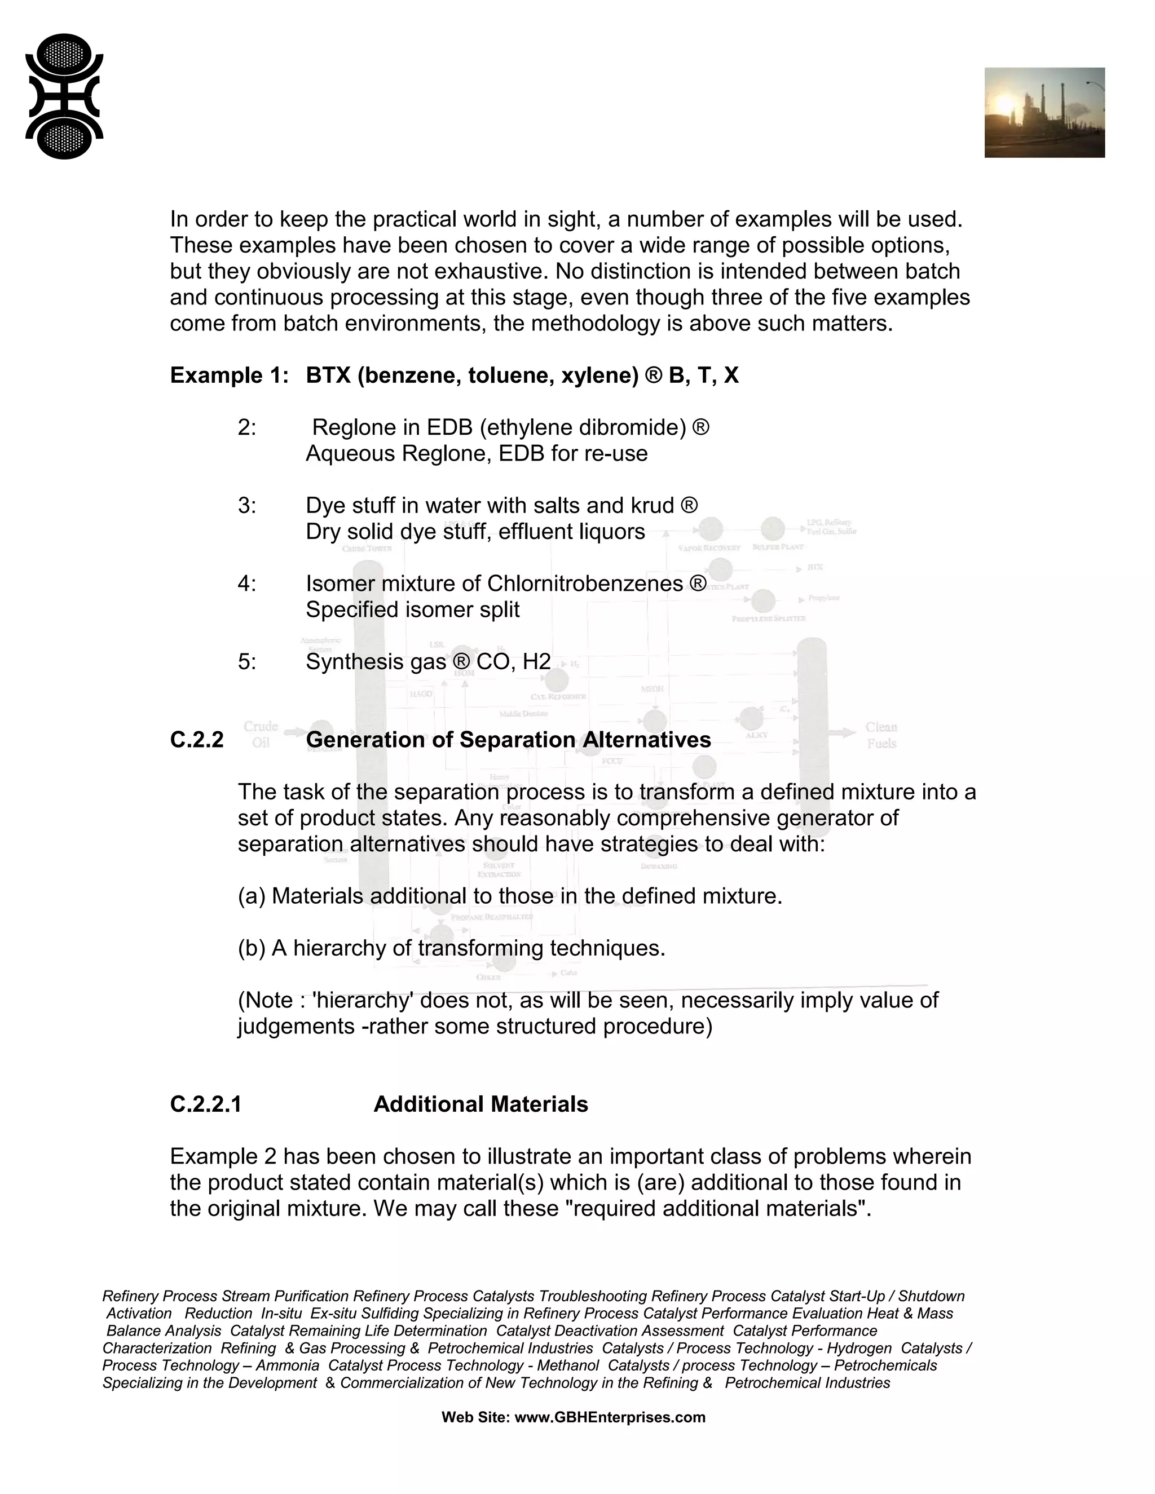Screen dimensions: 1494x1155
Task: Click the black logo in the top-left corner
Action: pyautogui.click(x=64, y=96)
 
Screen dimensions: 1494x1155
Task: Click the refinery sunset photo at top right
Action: pyautogui.click(x=1044, y=112)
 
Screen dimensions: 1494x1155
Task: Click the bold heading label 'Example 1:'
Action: pyautogui.click(x=229, y=375)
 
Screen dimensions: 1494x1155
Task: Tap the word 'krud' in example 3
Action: pyautogui.click(x=653, y=506)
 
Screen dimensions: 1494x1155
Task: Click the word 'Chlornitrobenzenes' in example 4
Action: pyautogui.click(x=584, y=584)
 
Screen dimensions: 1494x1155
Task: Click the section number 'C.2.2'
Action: pyautogui.click(x=196, y=740)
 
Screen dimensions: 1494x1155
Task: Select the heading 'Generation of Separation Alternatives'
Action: pyautogui.click(x=508, y=740)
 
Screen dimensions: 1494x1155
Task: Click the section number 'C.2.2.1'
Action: pyautogui.click(x=205, y=1104)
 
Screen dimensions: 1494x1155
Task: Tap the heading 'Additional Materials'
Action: pyautogui.click(x=480, y=1104)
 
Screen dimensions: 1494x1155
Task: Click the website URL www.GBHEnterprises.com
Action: pyautogui.click(x=609, y=1417)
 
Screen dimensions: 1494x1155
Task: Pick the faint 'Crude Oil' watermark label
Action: pyautogui.click(x=261, y=734)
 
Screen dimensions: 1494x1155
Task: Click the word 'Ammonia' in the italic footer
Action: pyautogui.click(x=288, y=1365)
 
